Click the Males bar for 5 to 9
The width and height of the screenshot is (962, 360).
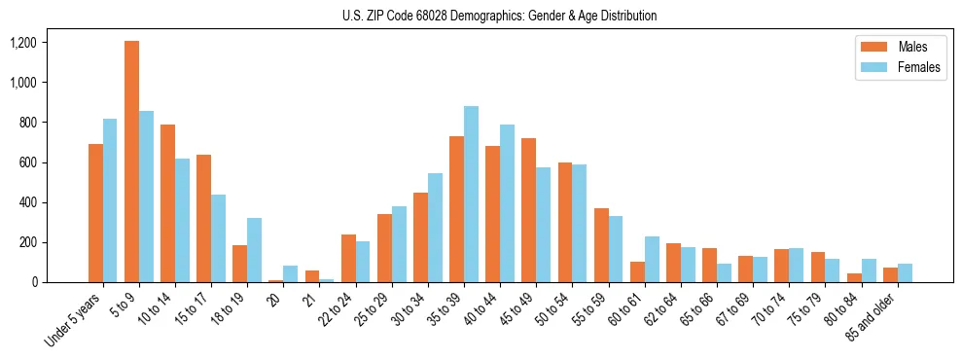click(x=131, y=162)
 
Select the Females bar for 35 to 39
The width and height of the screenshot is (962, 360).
click(x=471, y=195)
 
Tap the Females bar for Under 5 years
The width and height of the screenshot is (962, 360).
click(x=110, y=200)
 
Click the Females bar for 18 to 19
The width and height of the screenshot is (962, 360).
click(x=254, y=250)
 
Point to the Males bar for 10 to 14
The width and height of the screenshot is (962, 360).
click(x=167, y=203)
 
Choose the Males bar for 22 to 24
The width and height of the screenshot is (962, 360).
click(x=348, y=259)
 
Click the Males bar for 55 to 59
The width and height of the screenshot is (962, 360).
click(x=601, y=245)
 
